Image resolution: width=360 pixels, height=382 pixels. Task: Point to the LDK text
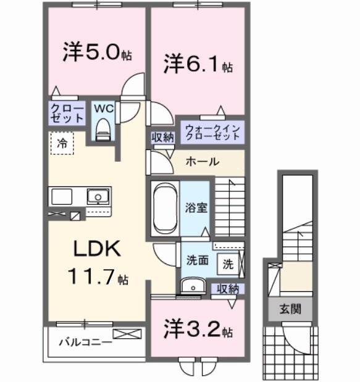[x=96, y=249]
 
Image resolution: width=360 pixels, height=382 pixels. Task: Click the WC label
[x=103, y=108]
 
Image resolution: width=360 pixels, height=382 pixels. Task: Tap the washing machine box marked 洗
[x=227, y=264]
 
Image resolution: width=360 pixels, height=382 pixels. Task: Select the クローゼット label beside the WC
[x=67, y=113]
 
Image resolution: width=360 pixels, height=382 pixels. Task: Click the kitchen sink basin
[x=97, y=197]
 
